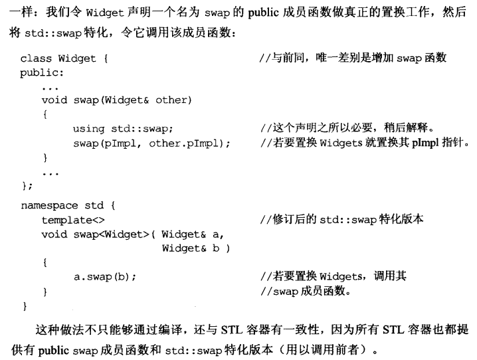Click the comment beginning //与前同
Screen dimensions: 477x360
tap(353, 58)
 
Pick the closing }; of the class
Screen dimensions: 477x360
tap(27, 186)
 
